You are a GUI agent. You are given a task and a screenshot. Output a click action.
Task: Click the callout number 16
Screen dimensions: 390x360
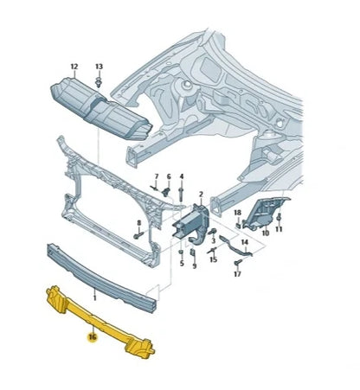coord(92,338)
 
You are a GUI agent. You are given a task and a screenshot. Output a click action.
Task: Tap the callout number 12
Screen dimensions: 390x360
coord(74,67)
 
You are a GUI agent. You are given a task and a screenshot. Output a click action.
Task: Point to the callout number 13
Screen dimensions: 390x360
coord(98,67)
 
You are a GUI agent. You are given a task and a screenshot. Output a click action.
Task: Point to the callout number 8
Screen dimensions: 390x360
coord(138,222)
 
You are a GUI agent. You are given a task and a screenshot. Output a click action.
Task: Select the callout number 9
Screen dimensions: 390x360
coord(195,265)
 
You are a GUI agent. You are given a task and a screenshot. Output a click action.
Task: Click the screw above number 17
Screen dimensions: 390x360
coord(235,260)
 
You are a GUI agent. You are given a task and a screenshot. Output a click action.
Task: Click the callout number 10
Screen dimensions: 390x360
coord(266,233)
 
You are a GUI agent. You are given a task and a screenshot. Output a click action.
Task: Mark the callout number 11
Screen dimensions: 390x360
coord(279,233)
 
